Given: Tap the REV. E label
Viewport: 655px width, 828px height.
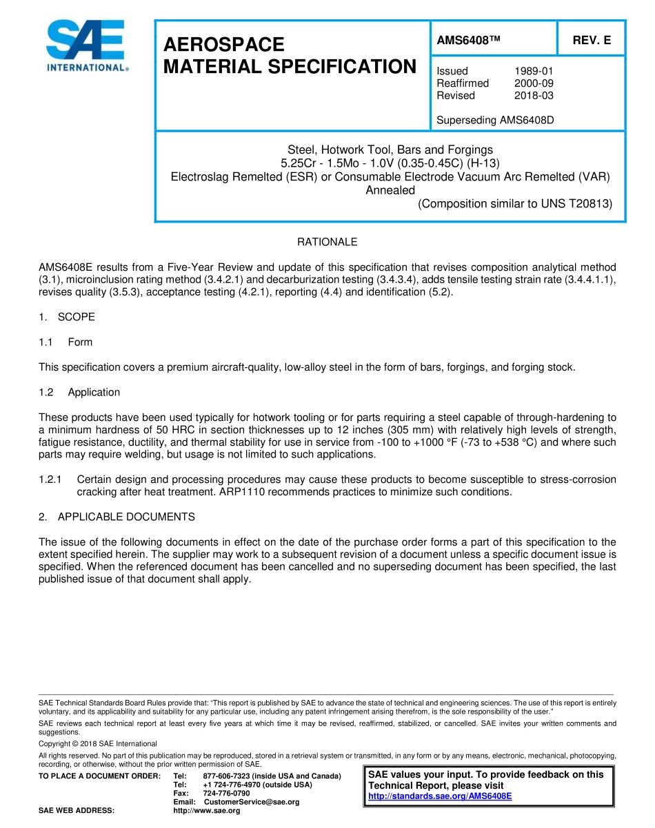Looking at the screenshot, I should point(592,40).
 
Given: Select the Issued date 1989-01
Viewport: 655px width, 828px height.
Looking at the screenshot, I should point(534,71).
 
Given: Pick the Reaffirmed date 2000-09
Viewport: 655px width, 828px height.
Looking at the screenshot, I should point(534,83).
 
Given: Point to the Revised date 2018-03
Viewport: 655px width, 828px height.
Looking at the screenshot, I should point(534,96).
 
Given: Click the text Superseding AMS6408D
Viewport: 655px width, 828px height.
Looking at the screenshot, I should point(495,120).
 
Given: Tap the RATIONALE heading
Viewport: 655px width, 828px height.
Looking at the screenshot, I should point(327,242).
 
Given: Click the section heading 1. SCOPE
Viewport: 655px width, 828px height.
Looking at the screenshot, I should point(67,317).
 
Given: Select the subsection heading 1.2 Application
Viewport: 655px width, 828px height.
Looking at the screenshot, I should point(79,392).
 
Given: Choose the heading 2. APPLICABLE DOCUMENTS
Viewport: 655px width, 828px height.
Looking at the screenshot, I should point(117,517).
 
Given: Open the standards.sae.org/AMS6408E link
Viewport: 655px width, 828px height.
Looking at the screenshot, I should point(440,796).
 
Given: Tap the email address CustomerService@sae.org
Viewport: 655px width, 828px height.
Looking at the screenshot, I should point(252,802).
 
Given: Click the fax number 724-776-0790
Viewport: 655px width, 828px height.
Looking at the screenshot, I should point(226,793).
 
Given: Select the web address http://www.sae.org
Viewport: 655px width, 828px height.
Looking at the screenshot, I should point(207,811).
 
